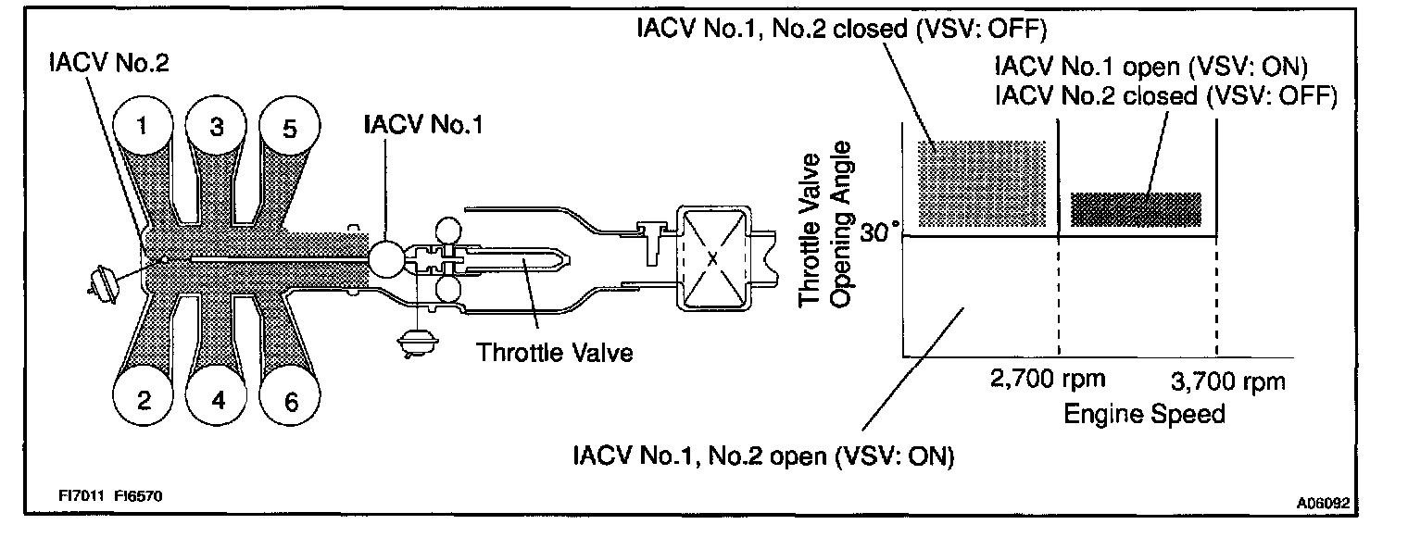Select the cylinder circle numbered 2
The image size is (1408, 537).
143,400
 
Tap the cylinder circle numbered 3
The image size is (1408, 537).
216,128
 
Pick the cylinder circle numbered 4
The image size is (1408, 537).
218,401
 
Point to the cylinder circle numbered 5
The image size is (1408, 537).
289,130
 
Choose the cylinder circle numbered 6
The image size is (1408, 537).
291,402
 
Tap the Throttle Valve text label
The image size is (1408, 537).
555,354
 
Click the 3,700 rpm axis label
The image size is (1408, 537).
1227,381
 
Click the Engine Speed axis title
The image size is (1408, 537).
1144,413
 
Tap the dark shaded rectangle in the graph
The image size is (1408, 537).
1135,210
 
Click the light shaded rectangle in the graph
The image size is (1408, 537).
981,182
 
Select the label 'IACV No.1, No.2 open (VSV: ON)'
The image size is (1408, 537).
763,456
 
